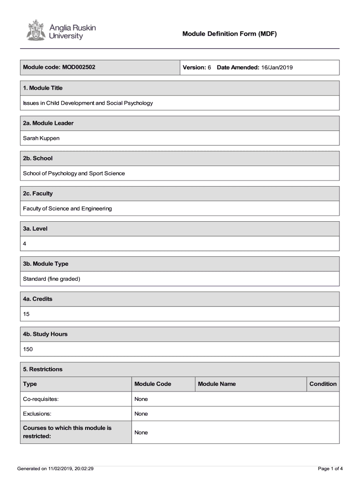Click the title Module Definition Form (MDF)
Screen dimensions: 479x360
click(x=230, y=34)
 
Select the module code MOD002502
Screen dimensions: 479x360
click(x=78, y=67)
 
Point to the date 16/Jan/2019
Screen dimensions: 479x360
click(x=277, y=67)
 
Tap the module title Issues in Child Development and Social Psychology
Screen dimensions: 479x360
click(x=88, y=103)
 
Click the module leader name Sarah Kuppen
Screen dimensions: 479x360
click(x=41, y=138)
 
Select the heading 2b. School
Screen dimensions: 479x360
click(x=38, y=158)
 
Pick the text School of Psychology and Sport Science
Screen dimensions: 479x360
click(x=74, y=173)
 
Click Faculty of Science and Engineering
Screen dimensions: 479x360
click(x=67, y=209)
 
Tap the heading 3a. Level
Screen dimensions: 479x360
click(x=36, y=229)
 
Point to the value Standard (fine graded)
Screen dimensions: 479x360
click(x=51, y=279)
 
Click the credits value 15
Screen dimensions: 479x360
click(x=26, y=314)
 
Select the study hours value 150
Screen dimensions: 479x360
click(x=28, y=349)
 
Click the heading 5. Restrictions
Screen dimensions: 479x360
click(x=43, y=369)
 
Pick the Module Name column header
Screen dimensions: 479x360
click(x=217, y=384)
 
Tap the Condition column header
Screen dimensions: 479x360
click(x=323, y=384)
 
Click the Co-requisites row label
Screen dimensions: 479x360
click(x=41, y=399)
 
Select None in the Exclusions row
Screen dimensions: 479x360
click(x=141, y=414)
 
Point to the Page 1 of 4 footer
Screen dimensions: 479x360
click(x=330, y=468)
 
